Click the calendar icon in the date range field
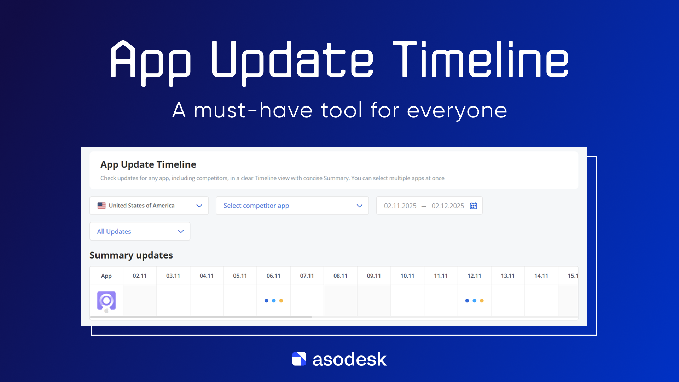(474, 206)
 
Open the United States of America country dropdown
(149, 206)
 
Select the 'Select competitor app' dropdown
(292, 206)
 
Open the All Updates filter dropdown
(140, 231)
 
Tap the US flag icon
(101, 206)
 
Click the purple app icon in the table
(106, 301)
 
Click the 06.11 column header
(273, 276)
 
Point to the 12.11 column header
(474, 276)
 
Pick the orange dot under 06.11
(281, 301)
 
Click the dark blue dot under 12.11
(467, 301)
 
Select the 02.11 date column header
(140, 276)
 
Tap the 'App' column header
(106, 276)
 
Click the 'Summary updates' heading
(131, 255)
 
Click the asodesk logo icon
(299, 359)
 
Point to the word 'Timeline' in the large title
(481, 59)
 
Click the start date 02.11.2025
(400, 206)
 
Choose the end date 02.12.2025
(448, 206)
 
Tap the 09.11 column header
(374, 276)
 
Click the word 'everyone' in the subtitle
(457, 111)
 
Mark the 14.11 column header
(541, 276)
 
